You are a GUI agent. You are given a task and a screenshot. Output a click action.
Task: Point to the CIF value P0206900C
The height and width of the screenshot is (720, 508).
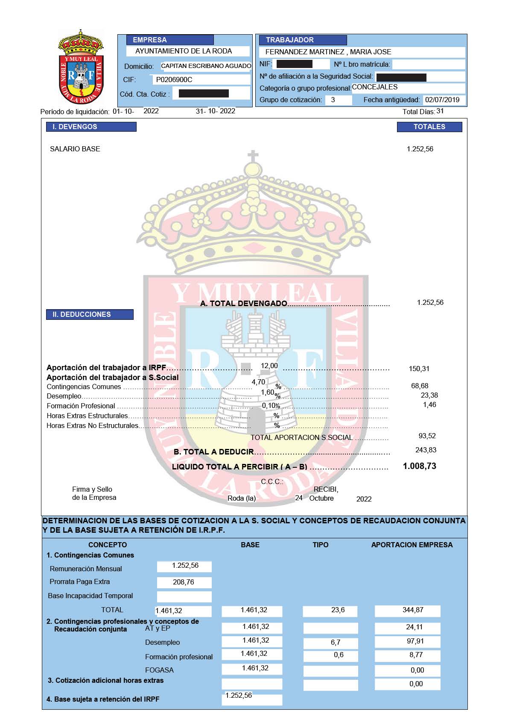tap(174, 80)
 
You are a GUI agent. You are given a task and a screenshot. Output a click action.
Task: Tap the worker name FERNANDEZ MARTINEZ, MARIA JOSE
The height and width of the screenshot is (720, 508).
tap(328, 52)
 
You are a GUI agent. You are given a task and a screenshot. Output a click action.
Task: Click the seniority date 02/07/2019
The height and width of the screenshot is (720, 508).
tap(442, 100)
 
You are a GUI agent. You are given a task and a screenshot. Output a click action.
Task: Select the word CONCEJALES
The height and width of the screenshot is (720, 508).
tap(375, 87)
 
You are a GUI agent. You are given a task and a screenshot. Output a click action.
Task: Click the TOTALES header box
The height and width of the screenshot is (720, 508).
tap(429, 127)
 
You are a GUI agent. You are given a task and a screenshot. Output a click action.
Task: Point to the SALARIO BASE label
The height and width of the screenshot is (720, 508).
tap(75, 149)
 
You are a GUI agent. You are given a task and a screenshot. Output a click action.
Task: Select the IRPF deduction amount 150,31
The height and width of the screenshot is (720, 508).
tap(419, 369)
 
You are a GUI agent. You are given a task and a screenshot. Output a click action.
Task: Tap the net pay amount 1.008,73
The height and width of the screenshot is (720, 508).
tap(420, 466)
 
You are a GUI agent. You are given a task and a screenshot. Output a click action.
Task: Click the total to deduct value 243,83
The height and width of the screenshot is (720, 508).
tap(426, 450)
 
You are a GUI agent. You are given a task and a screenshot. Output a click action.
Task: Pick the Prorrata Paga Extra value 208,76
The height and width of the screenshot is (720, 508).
tap(184, 582)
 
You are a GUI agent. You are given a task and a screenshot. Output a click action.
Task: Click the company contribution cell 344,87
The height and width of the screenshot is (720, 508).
tap(413, 610)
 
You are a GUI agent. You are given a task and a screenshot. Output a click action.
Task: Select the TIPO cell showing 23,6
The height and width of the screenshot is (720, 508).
tap(338, 610)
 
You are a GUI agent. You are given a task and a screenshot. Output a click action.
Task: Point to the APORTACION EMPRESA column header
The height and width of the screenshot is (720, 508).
tap(412, 545)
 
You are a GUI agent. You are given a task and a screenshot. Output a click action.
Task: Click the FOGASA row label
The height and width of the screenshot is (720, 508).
tap(159, 670)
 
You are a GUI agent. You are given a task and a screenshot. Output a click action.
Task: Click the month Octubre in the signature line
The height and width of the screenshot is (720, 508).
tap(321, 499)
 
